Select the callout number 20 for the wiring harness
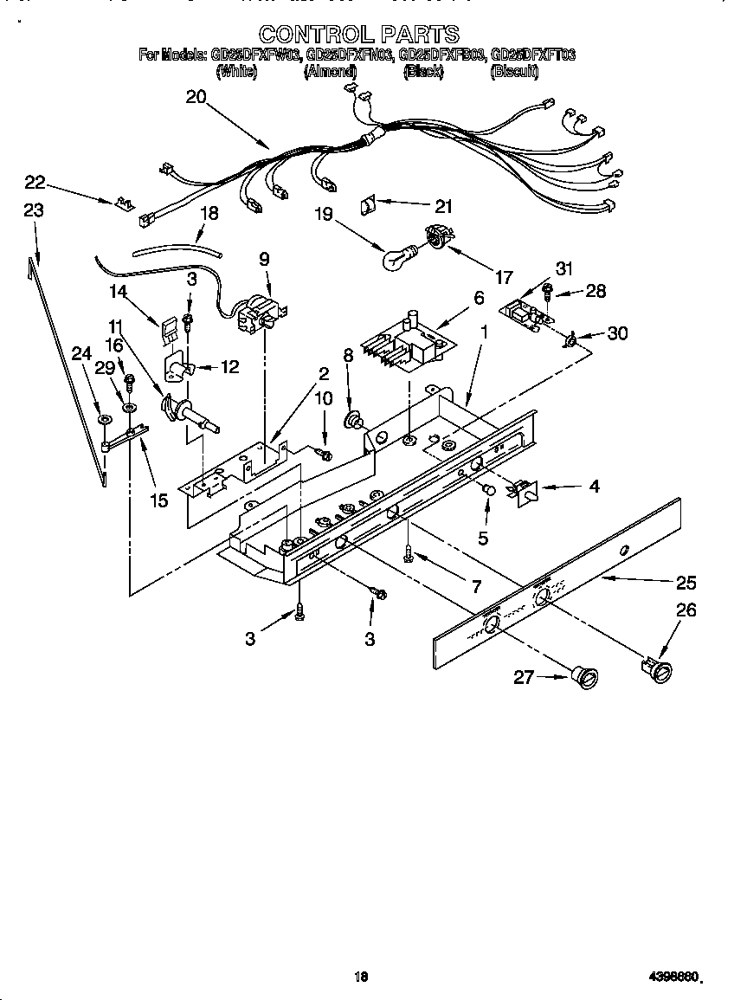pos(196,97)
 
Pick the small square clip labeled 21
pos(369,204)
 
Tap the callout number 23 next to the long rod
pos(34,210)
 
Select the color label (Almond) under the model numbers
pos(330,73)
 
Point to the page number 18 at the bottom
pos(362,977)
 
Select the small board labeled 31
pos(521,312)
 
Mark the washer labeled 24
pos(104,421)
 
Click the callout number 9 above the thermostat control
pos(264,257)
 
